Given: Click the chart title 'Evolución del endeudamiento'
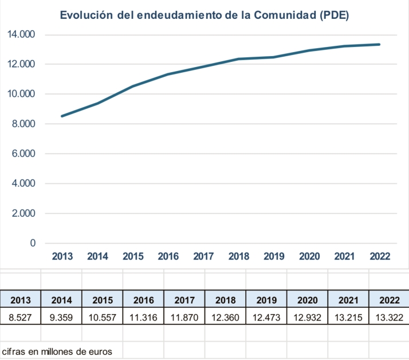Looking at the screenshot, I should click(204, 15).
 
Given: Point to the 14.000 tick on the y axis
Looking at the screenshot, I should click(21, 34).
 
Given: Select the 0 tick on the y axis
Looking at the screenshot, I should click(33, 243).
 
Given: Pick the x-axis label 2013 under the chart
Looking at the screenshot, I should click(62, 256).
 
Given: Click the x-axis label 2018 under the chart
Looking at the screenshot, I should click(238, 256).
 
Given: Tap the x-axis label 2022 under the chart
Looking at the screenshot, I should click(380, 256).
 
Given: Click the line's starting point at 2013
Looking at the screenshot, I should click(62, 116).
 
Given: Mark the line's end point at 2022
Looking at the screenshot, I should click(379, 44).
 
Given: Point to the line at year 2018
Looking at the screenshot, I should click(238, 59).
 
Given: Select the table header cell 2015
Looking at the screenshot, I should click(103, 300).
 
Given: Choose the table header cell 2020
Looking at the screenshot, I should click(308, 300).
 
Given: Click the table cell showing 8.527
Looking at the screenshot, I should click(21, 317).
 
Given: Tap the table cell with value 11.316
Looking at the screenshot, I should click(144, 317).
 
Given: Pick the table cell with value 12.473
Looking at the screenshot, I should click(266, 317).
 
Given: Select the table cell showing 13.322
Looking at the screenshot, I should click(390, 317).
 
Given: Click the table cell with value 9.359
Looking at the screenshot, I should click(61, 317).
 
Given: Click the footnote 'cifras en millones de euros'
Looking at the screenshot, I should click(57, 351).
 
